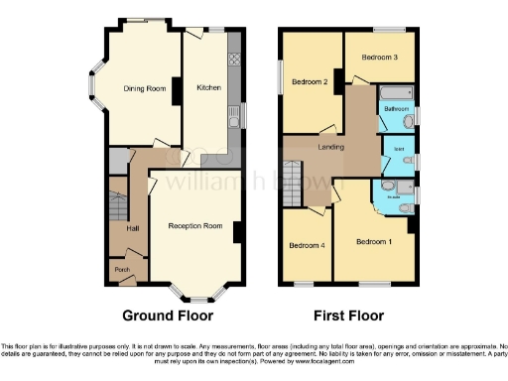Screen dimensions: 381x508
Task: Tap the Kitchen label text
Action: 208,88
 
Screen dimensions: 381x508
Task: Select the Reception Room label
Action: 194,226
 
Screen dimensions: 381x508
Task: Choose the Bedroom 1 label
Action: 374,242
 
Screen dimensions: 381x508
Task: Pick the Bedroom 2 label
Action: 311,82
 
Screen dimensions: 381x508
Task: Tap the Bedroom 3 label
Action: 380,58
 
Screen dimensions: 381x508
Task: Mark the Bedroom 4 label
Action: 306,245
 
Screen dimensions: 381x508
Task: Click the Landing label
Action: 330,148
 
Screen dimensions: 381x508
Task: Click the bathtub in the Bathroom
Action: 396,95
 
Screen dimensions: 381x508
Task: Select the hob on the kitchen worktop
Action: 234,60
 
